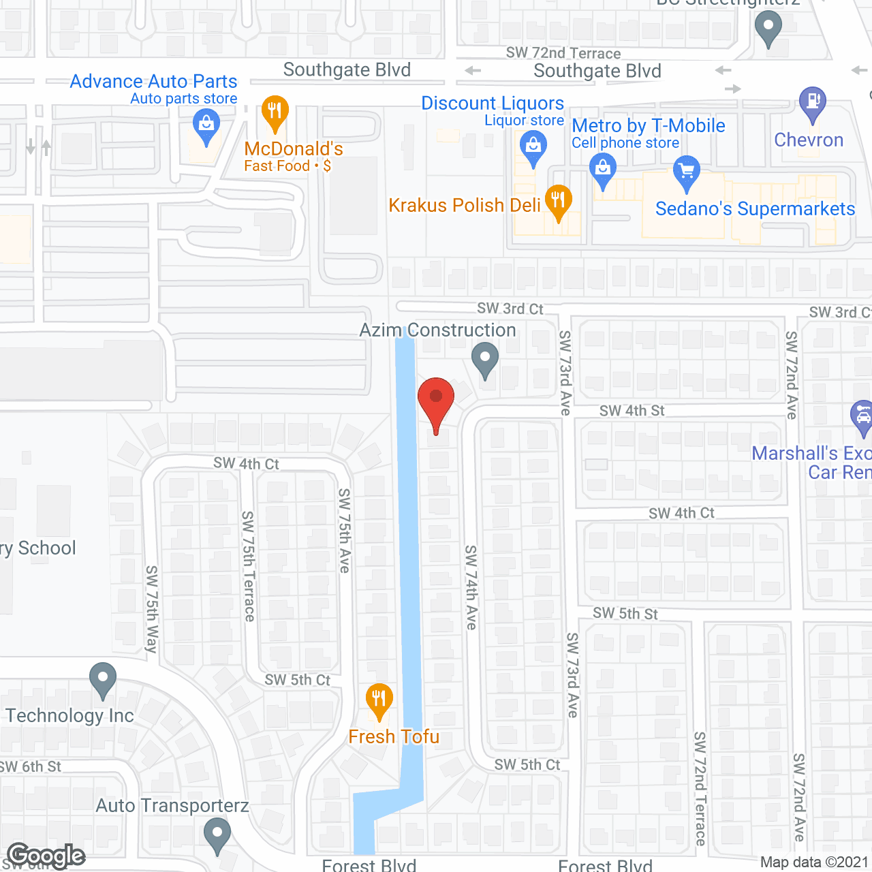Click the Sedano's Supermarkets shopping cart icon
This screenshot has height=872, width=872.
click(687, 172)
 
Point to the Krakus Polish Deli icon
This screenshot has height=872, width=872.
click(558, 202)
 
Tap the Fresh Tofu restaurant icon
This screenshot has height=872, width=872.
click(379, 700)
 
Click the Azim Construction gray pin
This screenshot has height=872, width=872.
click(485, 358)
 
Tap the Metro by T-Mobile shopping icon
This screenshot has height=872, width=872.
click(603, 169)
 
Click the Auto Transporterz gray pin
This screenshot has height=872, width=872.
click(217, 835)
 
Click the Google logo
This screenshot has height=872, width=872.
click(46, 856)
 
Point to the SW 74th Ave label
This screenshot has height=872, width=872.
click(471, 587)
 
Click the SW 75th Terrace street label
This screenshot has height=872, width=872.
click(249, 566)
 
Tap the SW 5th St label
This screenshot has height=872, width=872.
click(625, 613)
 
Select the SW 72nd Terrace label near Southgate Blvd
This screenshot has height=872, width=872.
click(563, 53)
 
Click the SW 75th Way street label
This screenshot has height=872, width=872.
click(152, 609)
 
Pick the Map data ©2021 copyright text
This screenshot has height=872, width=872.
click(814, 862)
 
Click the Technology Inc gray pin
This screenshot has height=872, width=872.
click(103, 679)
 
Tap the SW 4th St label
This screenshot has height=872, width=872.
click(632, 411)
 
